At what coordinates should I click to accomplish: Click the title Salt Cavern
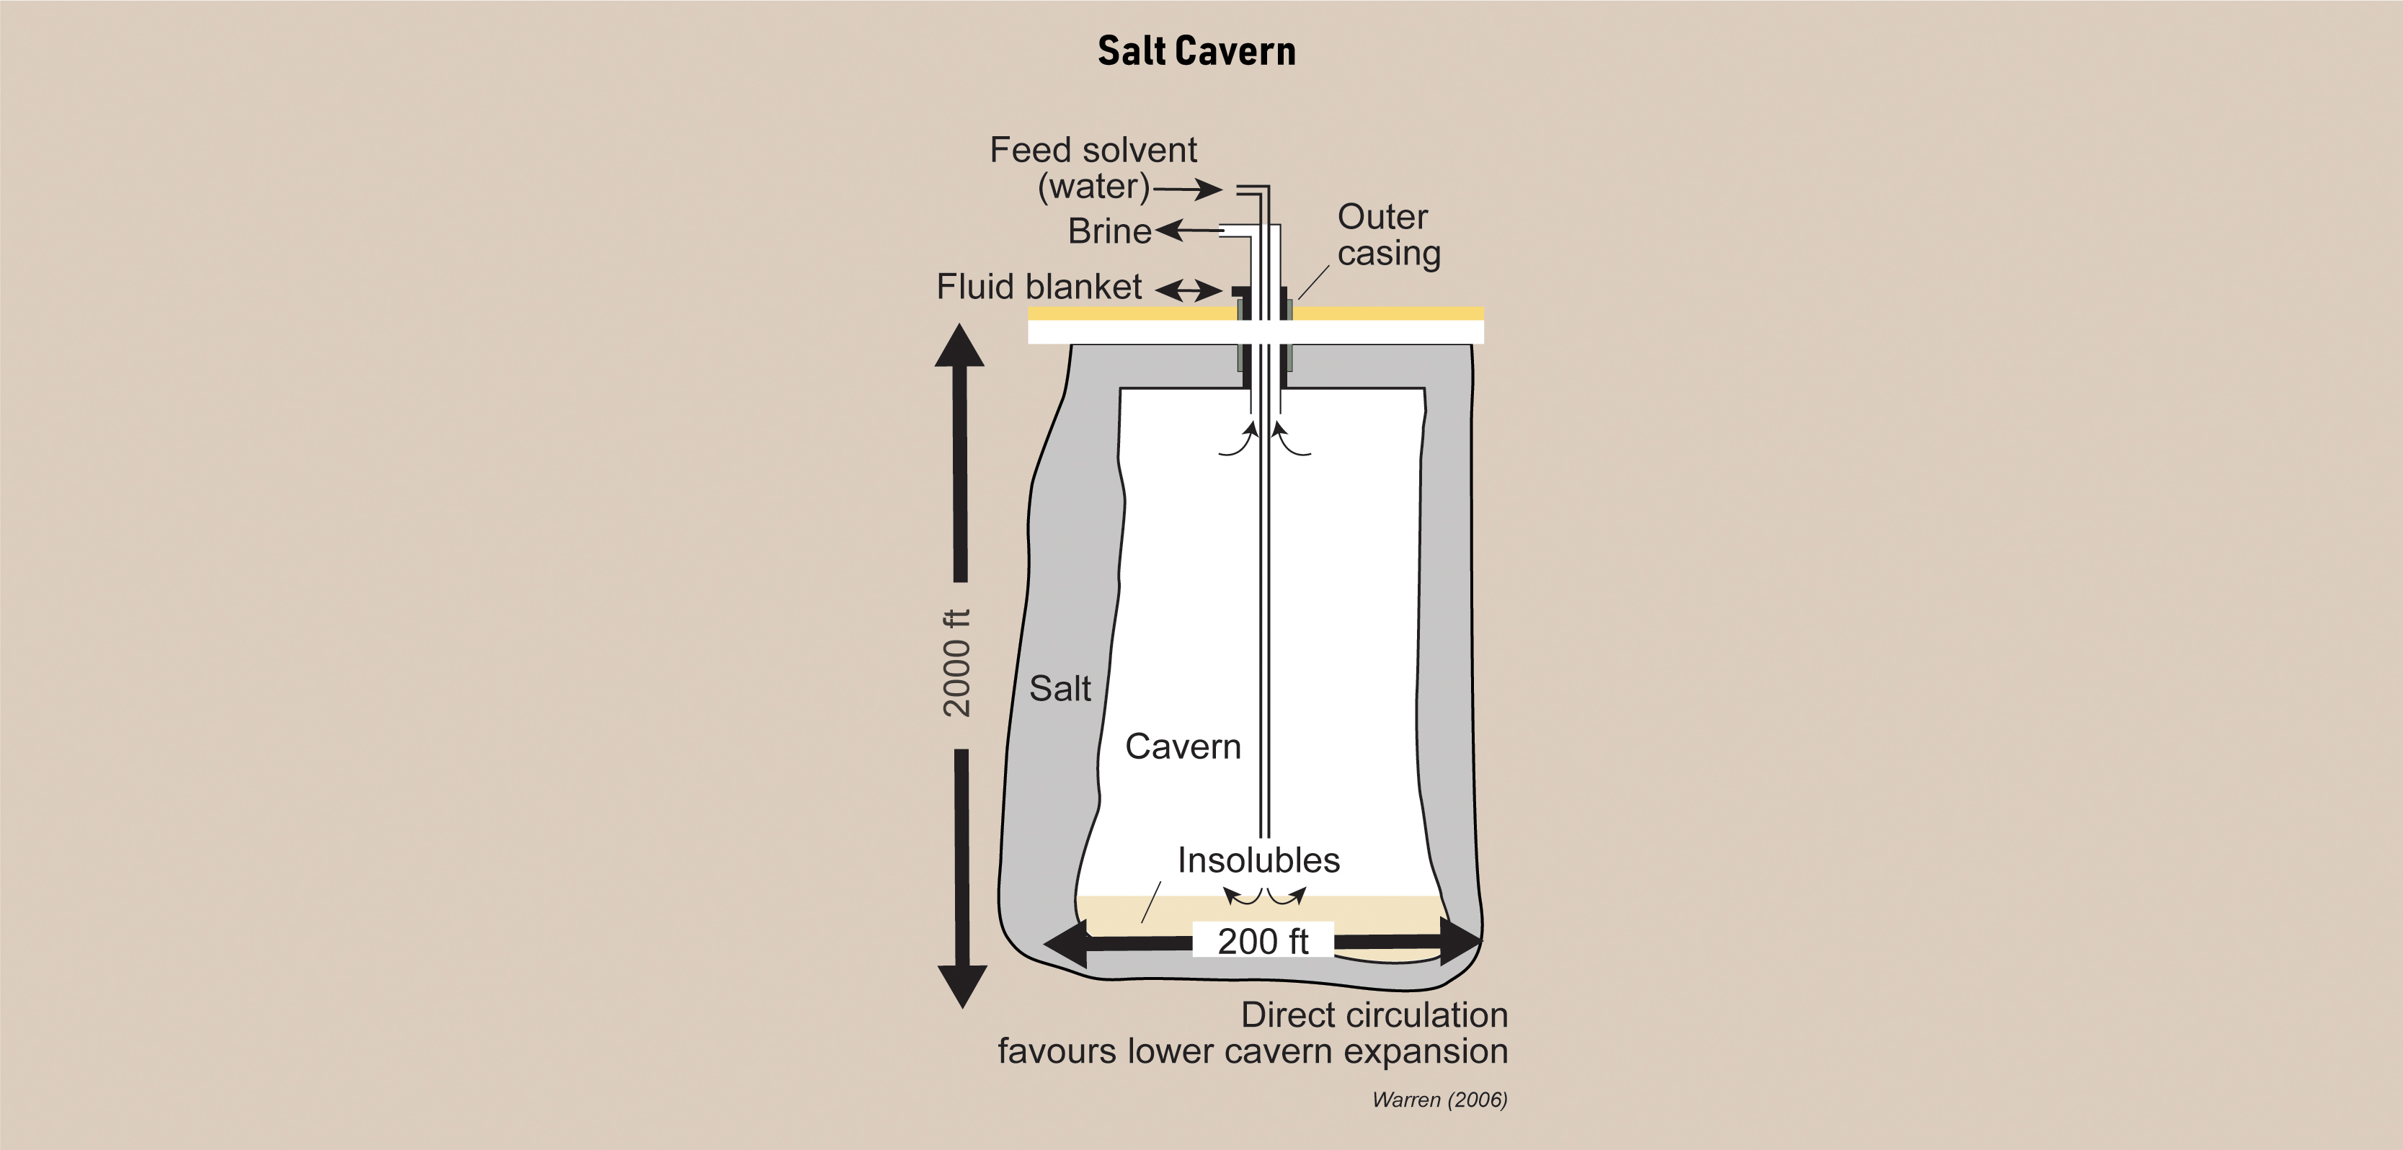[x=1197, y=50]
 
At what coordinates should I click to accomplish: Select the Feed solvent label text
[x=1093, y=149]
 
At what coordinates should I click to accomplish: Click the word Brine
[x=1109, y=231]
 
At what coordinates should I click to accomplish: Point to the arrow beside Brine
[x=1189, y=229]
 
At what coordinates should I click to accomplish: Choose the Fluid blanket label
[x=1039, y=286]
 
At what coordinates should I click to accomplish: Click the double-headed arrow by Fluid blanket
[x=1189, y=290]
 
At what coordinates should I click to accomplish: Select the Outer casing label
[x=1389, y=235]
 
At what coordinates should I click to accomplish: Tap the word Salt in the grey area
[x=1060, y=688]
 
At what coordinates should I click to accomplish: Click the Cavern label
[x=1183, y=746]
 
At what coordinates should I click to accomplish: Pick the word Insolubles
[x=1258, y=859]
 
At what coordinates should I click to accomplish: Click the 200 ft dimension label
[x=1263, y=941]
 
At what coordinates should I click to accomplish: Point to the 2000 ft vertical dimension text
[x=957, y=663]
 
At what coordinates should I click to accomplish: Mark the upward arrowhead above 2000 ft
[x=960, y=345]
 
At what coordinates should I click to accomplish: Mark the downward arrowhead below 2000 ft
[x=961, y=986]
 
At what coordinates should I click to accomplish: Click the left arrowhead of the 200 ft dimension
[x=1065, y=943]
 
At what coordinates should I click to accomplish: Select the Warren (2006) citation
[x=1439, y=1100]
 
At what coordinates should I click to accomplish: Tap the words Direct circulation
[x=1374, y=1014]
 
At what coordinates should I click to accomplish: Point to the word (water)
[x=1094, y=187]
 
